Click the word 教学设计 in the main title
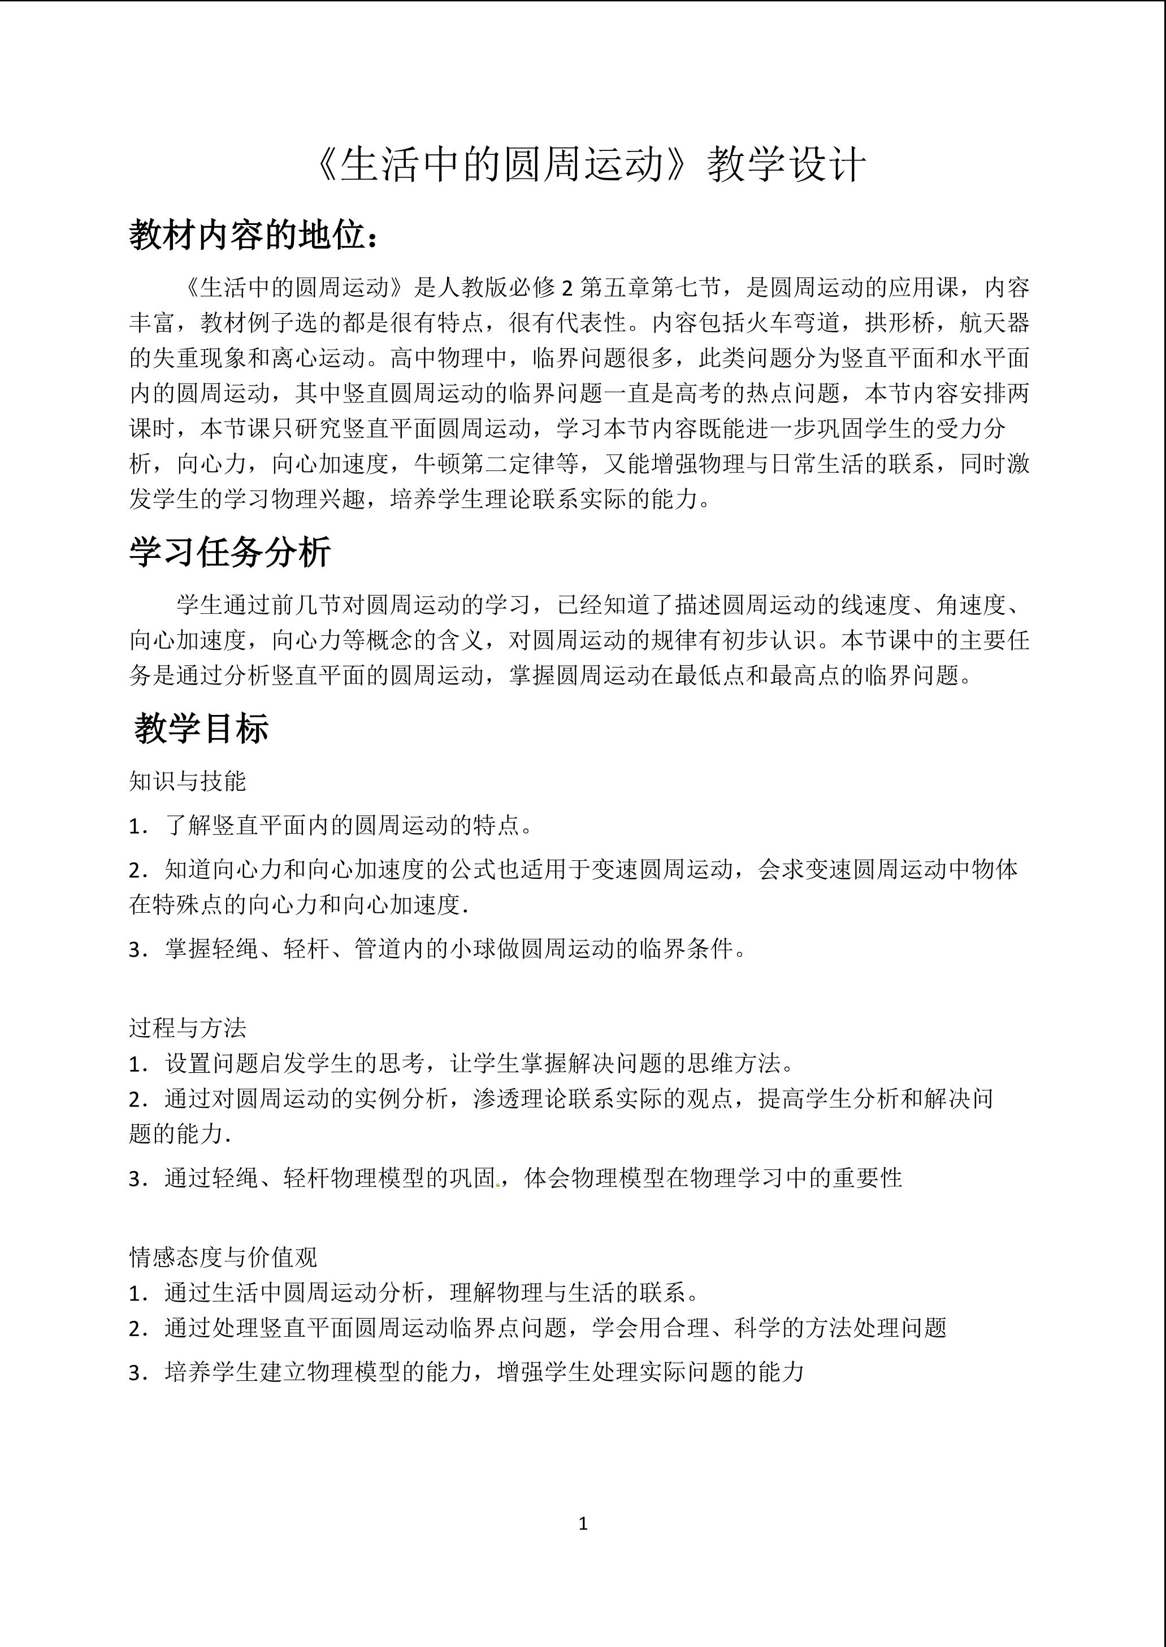coord(787,166)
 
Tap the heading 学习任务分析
coord(230,552)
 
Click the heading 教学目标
coord(201,729)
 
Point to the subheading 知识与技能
coord(188,781)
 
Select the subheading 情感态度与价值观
coord(223,1256)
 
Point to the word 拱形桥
coord(900,323)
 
